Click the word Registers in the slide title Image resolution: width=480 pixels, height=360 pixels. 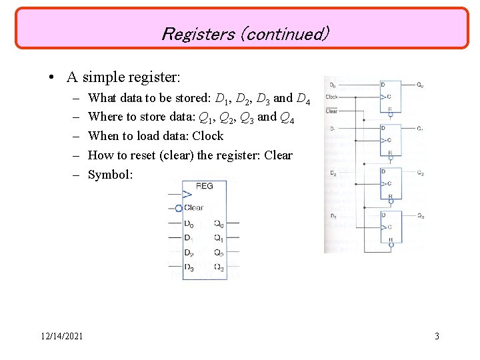197,33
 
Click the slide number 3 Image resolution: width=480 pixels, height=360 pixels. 437,336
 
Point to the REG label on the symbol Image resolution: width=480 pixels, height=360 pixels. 204,186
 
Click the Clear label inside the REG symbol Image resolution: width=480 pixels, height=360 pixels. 194,208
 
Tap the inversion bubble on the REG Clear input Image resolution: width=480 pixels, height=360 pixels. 179,208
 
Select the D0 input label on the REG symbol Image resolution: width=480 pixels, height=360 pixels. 189,223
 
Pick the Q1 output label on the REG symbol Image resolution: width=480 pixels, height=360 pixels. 218,238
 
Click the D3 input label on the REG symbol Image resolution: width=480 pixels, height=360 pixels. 189,268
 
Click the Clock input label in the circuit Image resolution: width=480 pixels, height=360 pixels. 332,97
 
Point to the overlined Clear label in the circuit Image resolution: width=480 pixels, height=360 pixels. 331,111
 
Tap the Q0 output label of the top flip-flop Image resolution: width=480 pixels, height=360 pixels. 419,85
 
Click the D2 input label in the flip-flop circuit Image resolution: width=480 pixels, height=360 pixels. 332,173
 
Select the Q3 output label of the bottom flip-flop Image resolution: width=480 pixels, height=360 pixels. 419,215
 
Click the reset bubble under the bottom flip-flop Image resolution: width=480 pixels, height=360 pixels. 391,245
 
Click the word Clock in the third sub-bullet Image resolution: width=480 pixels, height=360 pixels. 207,136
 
